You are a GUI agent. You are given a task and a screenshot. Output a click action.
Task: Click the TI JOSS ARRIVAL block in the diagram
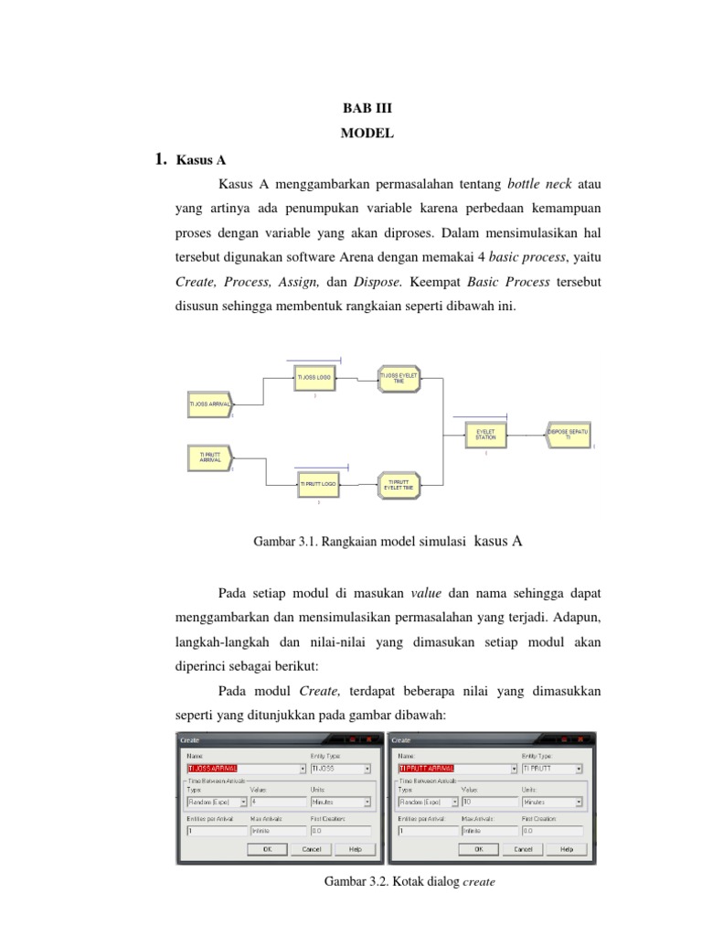(x=209, y=404)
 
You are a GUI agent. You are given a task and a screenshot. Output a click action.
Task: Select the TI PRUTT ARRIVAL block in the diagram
(x=209, y=456)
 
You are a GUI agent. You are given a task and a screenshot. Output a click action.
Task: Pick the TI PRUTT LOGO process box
(x=318, y=484)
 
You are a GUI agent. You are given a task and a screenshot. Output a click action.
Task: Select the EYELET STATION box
(x=485, y=435)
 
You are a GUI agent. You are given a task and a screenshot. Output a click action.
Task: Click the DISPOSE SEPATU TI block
(x=568, y=435)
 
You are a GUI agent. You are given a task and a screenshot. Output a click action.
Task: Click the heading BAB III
(x=366, y=108)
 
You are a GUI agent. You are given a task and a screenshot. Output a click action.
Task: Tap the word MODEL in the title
(x=367, y=134)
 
